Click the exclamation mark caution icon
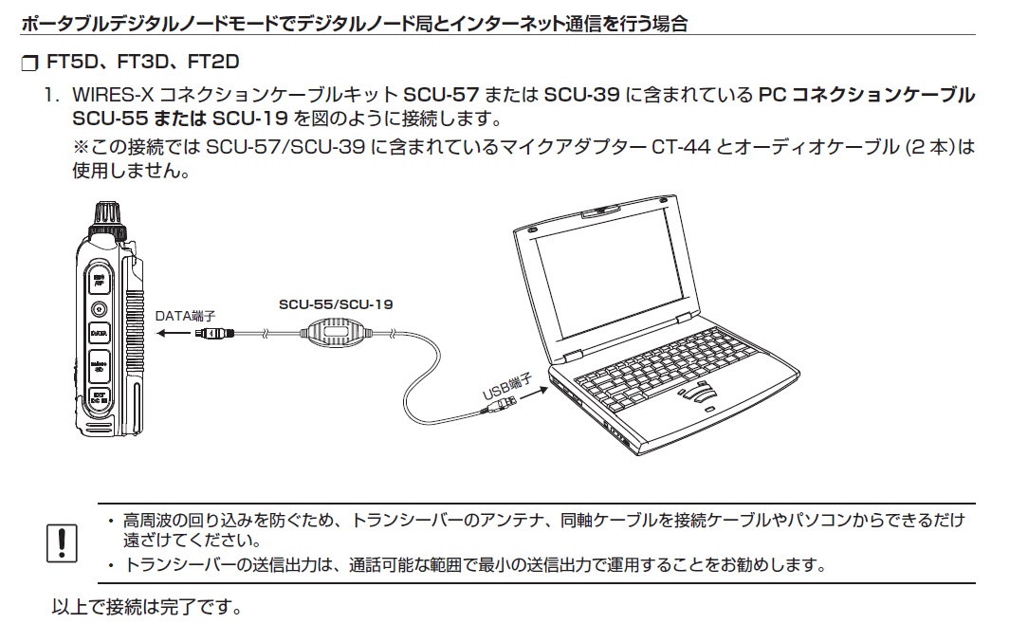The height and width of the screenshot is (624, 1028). pos(62,541)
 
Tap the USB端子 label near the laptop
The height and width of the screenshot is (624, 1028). pos(505,386)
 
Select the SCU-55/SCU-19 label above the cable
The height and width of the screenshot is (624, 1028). pos(336,304)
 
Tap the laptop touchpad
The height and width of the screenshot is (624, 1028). pos(700,392)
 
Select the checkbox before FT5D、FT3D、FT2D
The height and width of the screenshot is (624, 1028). pos(26,64)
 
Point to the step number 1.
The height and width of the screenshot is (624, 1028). pos(55,96)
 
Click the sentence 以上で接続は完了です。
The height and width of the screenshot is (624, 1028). pos(146,605)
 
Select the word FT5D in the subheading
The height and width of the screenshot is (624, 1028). pos(70,63)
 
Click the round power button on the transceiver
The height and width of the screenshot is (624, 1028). pos(99,308)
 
